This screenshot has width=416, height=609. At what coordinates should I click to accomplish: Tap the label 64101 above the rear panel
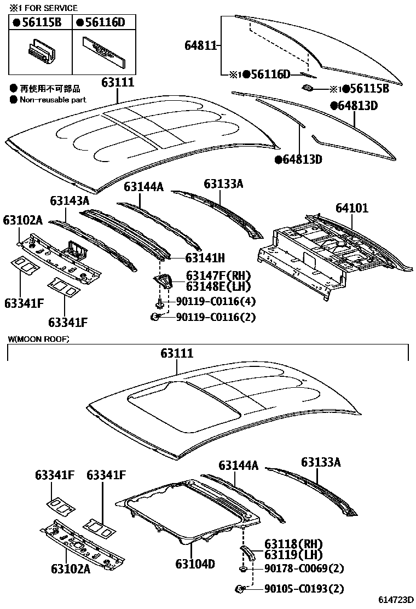pyautogui.click(x=352, y=208)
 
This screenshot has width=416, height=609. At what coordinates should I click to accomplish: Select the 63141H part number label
pyautogui.click(x=205, y=257)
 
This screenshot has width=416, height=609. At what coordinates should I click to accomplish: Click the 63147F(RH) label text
pyautogui.click(x=218, y=275)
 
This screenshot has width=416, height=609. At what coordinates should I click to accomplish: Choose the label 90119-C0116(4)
pyautogui.click(x=215, y=301)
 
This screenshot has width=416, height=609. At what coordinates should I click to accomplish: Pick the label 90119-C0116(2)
pyautogui.click(x=215, y=317)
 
